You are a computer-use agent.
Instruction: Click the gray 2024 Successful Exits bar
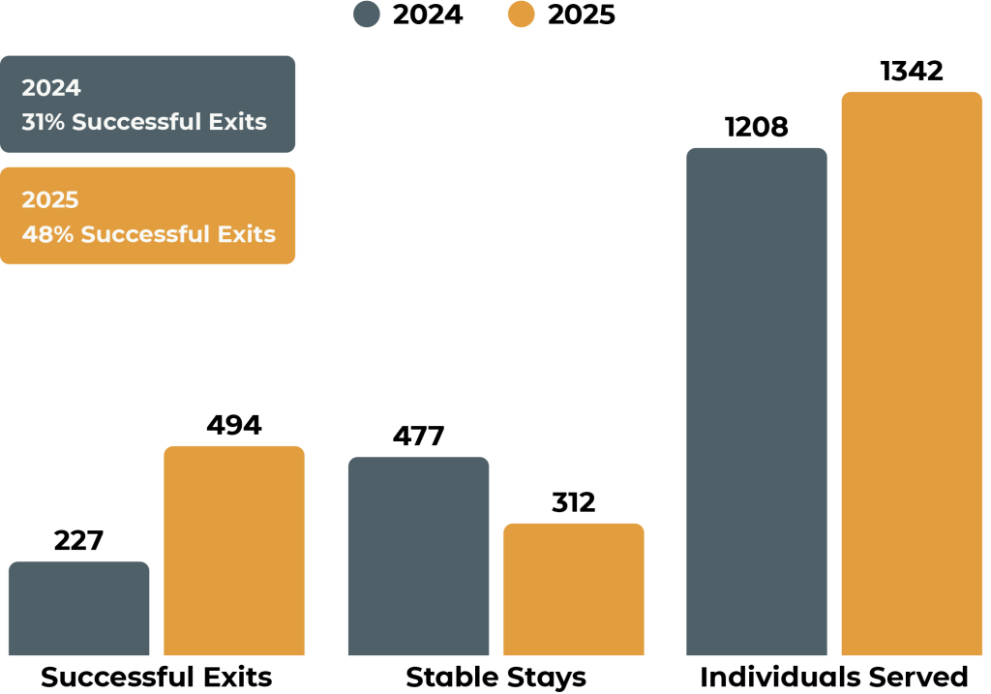[x=78, y=608]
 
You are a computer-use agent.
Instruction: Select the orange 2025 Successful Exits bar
[x=233, y=550]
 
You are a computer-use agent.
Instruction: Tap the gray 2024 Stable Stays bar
[x=418, y=556]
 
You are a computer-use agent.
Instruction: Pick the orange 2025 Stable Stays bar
[x=573, y=588]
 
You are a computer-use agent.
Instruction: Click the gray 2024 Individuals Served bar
[x=757, y=401]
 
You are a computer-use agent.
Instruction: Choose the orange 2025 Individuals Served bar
[x=912, y=374]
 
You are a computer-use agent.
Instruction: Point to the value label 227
[x=78, y=540]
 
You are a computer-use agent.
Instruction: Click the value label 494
[x=233, y=425]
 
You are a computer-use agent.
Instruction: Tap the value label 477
[x=418, y=437]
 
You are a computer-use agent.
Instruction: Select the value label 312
[x=573, y=503]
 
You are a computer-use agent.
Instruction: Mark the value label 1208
[x=757, y=127]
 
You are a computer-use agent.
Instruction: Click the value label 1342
[x=912, y=72]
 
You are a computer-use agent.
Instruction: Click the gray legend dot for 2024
[x=367, y=15]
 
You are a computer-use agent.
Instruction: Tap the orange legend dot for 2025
[x=521, y=15]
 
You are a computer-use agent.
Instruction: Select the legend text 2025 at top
[x=581, y=15]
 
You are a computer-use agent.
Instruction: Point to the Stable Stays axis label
[x=495, y=677]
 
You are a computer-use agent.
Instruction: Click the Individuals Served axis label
[x=834, y=677]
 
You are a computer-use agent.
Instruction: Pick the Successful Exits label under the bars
[x=157, y=677]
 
